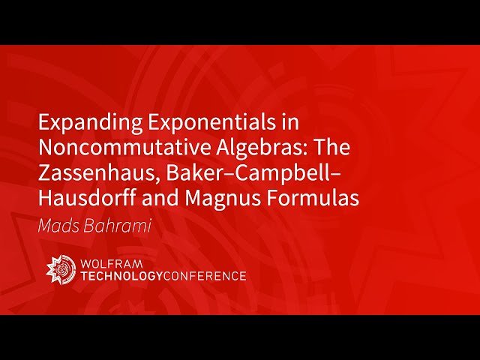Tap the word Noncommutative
111,148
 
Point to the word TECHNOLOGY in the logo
122,276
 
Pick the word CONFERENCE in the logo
205,276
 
